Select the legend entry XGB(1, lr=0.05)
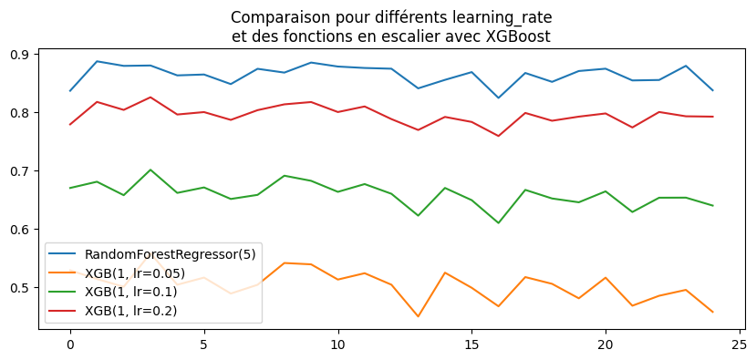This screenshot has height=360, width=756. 134,273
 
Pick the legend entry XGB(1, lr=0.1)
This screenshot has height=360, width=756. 130,292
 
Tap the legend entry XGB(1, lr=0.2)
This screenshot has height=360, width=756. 130,311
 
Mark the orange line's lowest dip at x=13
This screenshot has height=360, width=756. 418,316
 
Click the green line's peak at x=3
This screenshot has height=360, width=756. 150,170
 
